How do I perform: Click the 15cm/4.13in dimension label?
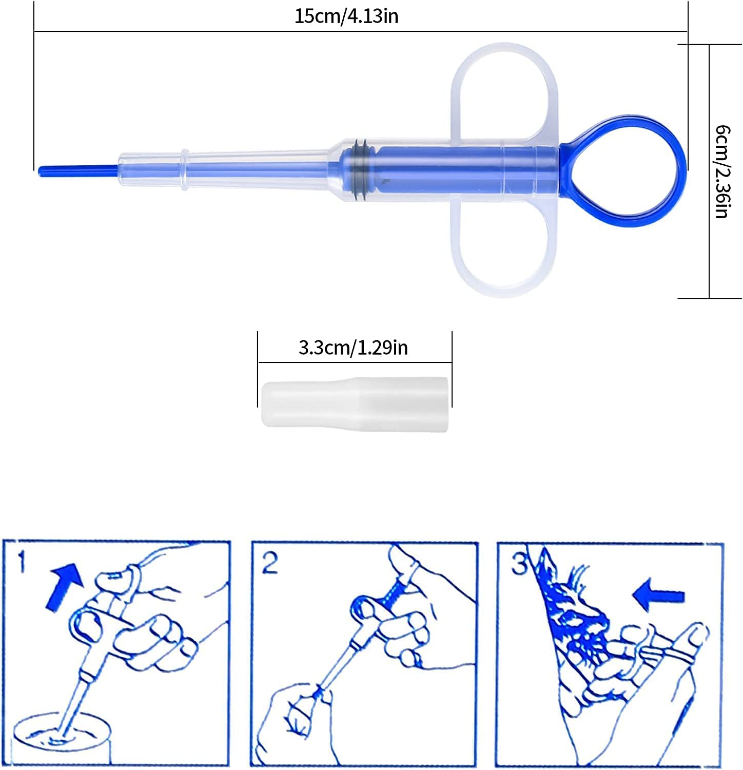click(346, 16)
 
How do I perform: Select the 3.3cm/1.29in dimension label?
click(353, 348)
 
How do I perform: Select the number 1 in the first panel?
click(21, 562)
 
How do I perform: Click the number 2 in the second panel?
click(269, 563)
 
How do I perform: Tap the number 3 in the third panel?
click(519, 564)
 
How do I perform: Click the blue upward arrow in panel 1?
click(65, 586)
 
